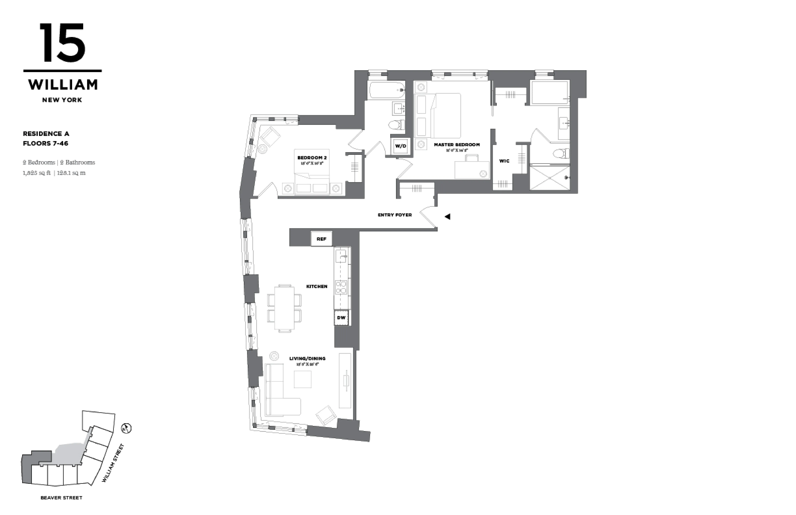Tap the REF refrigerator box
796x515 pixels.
[321, 239]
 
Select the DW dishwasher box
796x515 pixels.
[341, 317]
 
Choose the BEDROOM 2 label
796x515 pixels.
[312, 157]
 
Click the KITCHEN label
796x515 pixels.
[317, 286]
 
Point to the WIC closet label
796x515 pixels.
[504, 161]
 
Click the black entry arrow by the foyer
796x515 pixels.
[447, 217]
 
